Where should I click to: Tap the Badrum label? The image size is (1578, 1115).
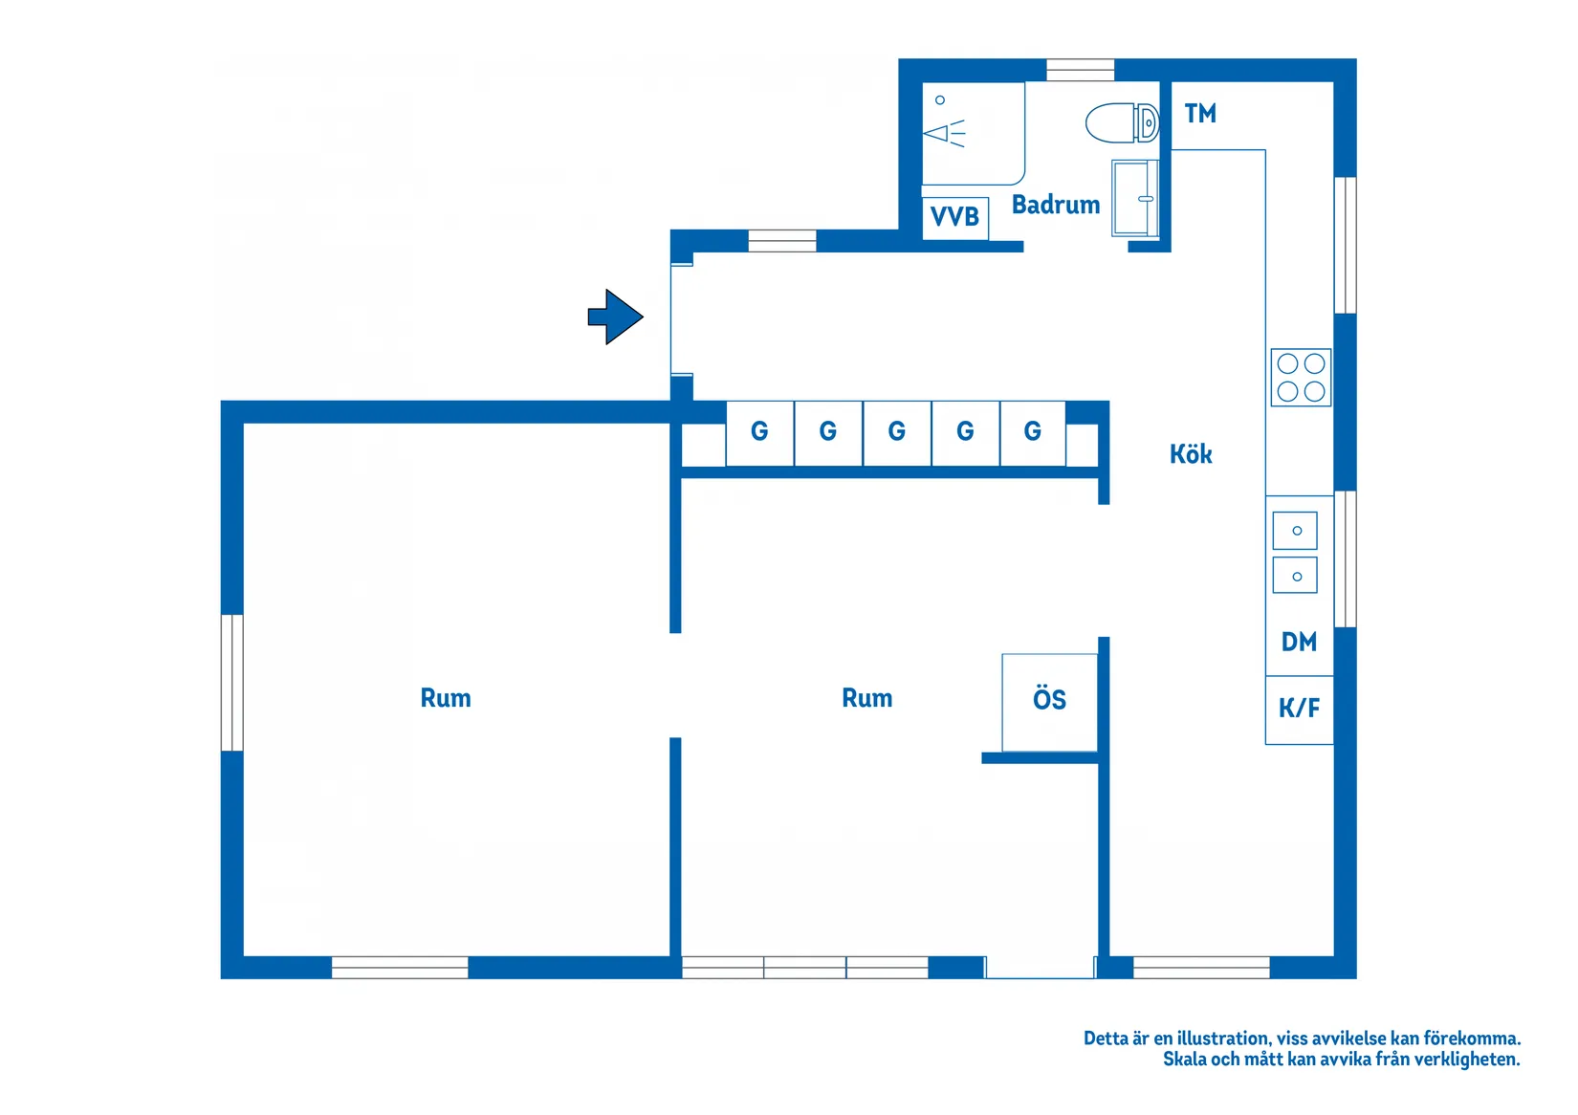coord(1055,205)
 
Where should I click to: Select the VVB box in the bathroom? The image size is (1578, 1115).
coord(955,218)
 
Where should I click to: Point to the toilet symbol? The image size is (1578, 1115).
coord(1122,122)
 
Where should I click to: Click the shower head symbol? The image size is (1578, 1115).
coord(944,132)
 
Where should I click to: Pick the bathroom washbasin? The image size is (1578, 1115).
coord(1135,198)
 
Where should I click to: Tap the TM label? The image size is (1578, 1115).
coord(1200,114)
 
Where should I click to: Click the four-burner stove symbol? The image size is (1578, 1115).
coord(1301,378)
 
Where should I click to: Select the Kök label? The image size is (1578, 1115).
coord(1191,454)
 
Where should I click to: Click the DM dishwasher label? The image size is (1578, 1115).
coord(1299,642)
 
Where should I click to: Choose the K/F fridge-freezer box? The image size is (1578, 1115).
coord(1299,710)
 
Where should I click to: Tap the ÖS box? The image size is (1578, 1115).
coord(1050,702)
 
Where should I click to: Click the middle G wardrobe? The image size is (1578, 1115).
coord(897,433)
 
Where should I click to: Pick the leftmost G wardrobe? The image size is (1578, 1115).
coord(759,433)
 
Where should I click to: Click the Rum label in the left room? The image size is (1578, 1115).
coord(446,698)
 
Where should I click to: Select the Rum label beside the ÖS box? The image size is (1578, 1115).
coord(867,698)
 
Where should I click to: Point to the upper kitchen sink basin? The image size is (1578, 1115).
coord(1295,531)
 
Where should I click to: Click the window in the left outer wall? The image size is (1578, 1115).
coord(231,683)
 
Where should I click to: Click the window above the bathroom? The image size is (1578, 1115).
coord(1080,70)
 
